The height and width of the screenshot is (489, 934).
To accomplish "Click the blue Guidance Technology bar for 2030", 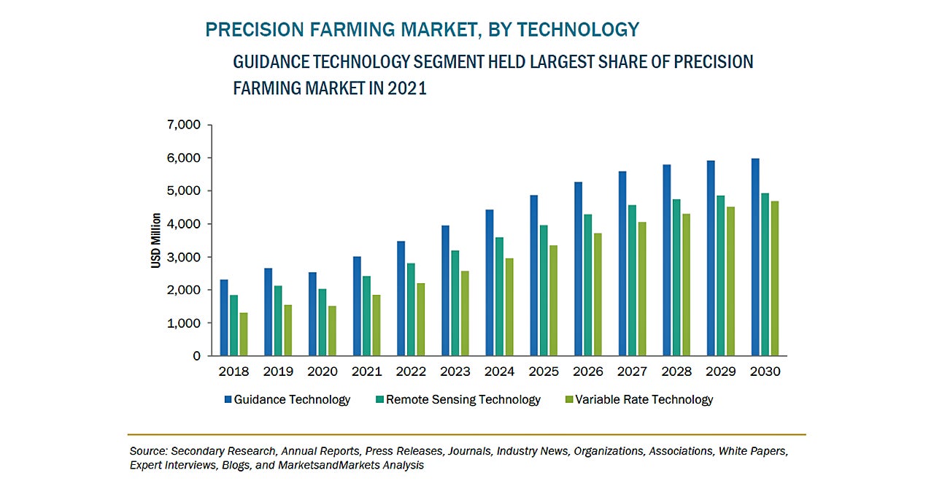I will coord(755,257).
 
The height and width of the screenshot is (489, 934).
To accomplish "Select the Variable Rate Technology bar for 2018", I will coord(243,334).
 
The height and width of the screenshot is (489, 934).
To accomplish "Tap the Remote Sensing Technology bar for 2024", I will coord(499,296).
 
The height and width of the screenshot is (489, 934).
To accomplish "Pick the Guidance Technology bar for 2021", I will coord(357,306).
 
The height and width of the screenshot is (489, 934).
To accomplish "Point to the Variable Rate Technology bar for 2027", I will coord(642,289).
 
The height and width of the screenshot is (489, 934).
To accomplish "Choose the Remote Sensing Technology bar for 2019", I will coord(278,320).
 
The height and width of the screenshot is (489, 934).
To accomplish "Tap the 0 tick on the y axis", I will coord(196,356).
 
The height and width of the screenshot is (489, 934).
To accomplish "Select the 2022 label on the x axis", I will coord(411,371).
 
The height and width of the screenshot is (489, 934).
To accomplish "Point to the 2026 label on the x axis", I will coord(588,371).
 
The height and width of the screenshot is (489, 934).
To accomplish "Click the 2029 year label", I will coord(721,371).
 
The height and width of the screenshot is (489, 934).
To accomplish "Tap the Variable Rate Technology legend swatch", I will coord(568,399).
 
